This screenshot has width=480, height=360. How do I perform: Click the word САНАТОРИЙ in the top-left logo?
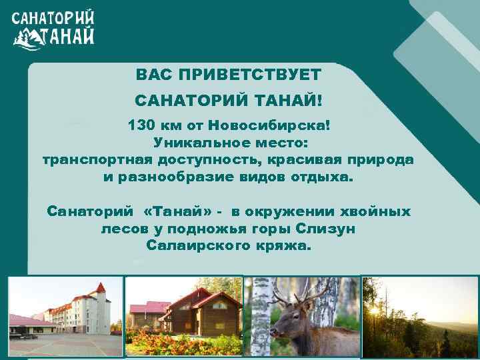coord(53,18)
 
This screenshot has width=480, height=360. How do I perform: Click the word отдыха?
coord(325,178)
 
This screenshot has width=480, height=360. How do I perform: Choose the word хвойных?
coord(378,211)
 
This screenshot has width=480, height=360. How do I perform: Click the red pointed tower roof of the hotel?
coord(101,289)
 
